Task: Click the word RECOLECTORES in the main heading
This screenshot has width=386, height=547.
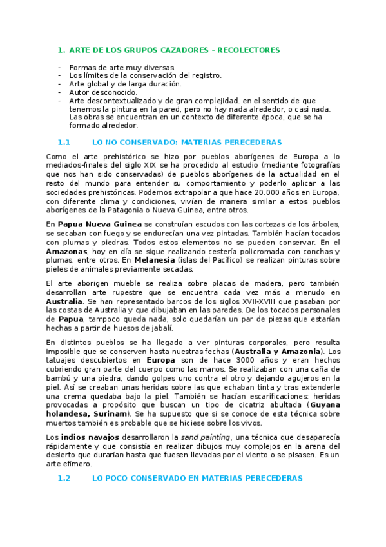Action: point(249,50)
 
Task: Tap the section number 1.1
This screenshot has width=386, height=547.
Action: point(63,142)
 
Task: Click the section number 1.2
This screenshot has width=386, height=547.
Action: point(63,479)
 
